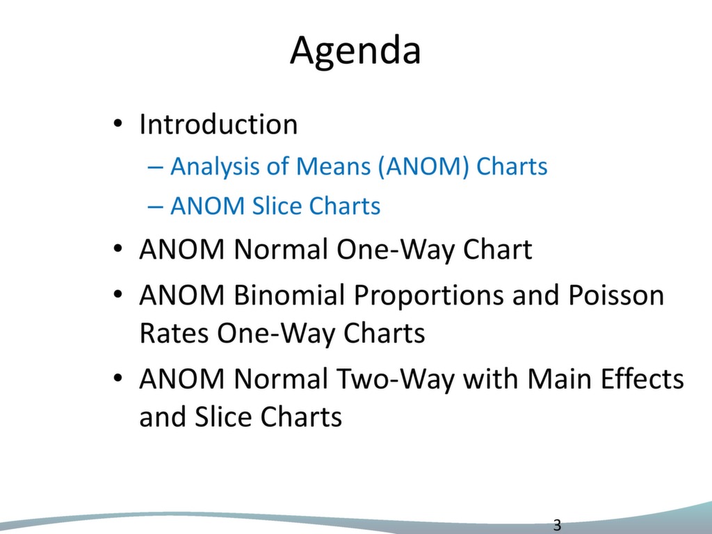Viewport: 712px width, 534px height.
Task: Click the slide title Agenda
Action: tap(355, 51)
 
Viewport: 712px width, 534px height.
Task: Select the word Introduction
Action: tap(218, 124)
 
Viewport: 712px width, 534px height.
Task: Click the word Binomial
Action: tap(289, 295)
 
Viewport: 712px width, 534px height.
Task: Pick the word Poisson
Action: tap(616, 295)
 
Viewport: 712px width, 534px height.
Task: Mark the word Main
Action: tap(559, 379)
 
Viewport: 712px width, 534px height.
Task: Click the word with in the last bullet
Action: tap(490, 379)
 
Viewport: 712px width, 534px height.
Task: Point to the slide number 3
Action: tap(557, 526)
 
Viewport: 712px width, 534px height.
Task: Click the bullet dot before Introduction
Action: tap(118, 124)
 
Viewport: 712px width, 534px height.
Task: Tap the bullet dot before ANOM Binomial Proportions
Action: tap(118, 295)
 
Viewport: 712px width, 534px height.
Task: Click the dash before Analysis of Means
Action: tap(155, 168)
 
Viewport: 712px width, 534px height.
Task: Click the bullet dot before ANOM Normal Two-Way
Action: tap(118, 378)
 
